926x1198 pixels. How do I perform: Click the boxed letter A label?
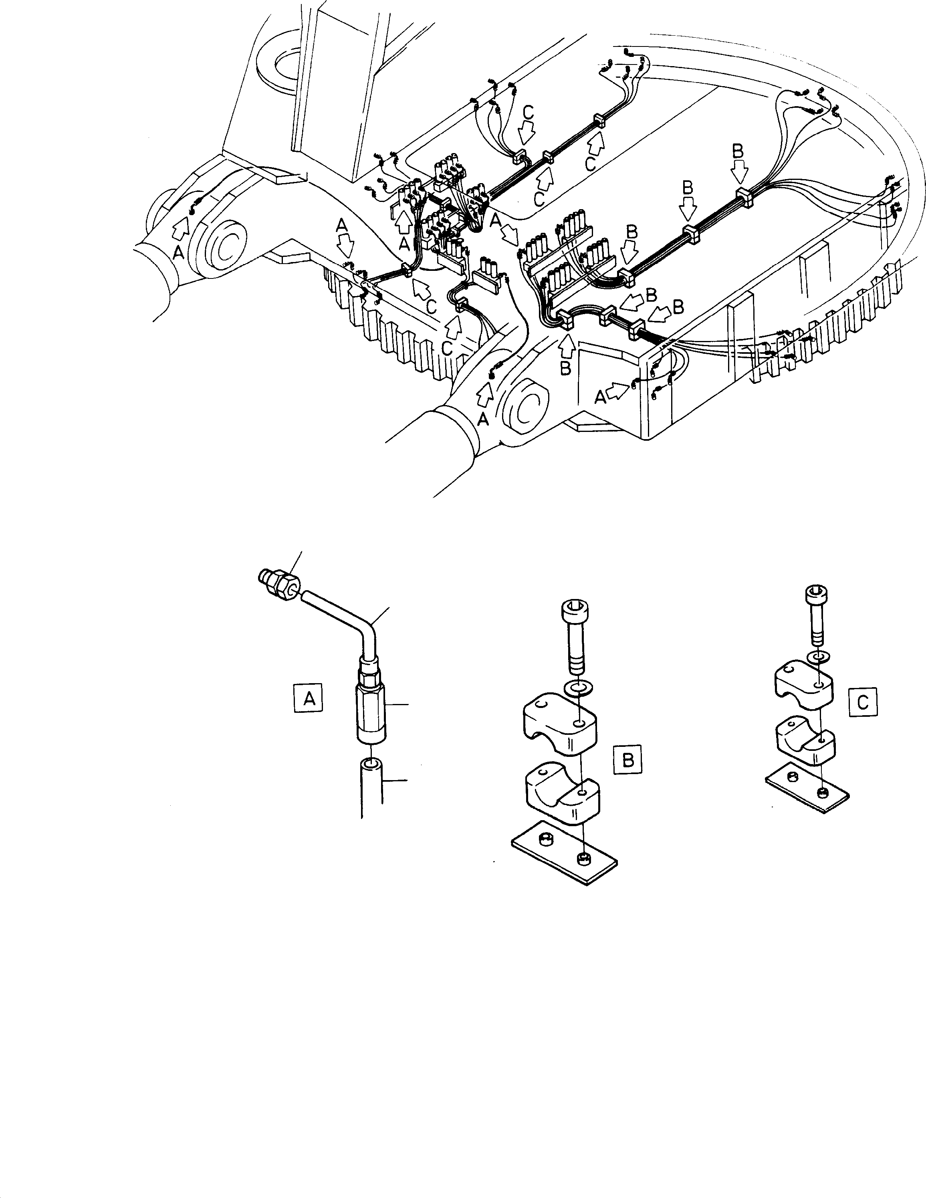click(x=308, y=698)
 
